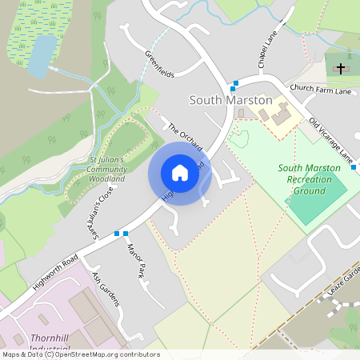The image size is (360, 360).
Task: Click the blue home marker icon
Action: click(180, 173)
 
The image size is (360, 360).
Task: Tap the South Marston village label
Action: click(230, 100)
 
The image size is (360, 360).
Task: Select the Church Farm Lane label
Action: click(321, 90)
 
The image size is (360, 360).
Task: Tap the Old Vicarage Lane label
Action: click(331, 141)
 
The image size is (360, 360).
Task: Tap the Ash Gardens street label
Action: click(106, 289)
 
